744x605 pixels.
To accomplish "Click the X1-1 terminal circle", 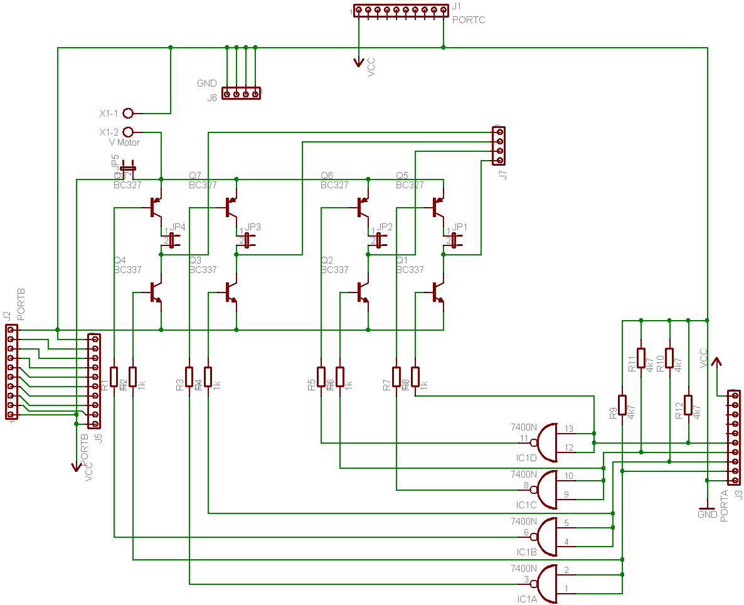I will tap(129, 114).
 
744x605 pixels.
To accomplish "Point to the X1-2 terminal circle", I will tap(129, 132).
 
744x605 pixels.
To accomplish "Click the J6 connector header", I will tap(242, 94).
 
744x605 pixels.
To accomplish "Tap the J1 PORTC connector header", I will tap(401, 10).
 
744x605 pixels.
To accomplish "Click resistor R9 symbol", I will tap(622, 405).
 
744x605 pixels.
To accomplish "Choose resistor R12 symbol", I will tap(688, 405).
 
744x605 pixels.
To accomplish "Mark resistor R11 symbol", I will tap(641, 358).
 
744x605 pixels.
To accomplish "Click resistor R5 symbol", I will tap(321, 377).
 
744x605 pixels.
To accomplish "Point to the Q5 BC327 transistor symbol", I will tap(437, 207).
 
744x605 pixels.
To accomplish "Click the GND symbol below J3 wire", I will tap(708, 508).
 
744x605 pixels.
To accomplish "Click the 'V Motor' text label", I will tap(124, 142).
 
